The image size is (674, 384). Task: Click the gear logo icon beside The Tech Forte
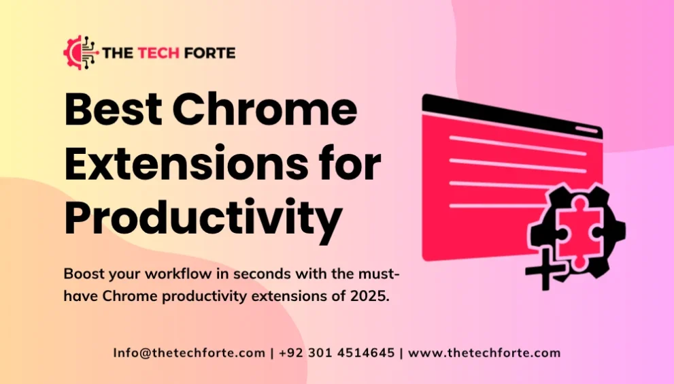(80, 53)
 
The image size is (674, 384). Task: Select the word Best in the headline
(109, 110)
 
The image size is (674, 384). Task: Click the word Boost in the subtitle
(84, 274)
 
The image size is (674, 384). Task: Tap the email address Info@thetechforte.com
(189, 353)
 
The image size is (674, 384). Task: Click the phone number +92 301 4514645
(336, 353)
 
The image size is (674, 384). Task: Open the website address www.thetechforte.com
(484, 353)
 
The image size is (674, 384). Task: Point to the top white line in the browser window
(517, 144)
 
